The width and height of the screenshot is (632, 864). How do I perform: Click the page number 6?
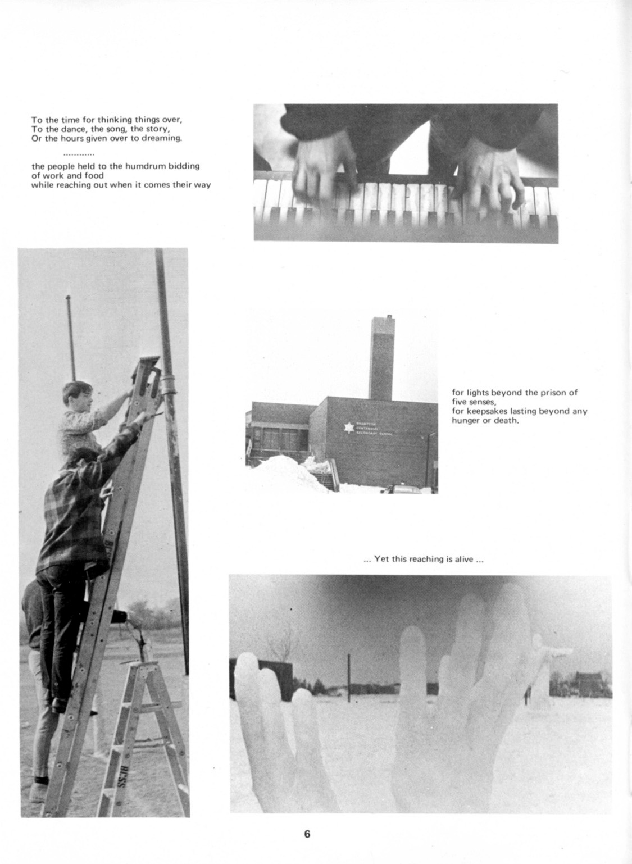pos(307,834)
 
